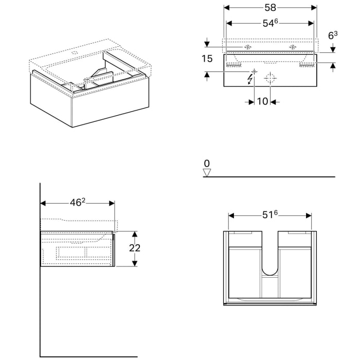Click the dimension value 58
pos(271,8)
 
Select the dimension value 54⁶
pos(271,24)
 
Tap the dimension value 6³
pos(333,35)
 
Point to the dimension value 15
pos(207,59)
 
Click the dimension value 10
pos(262,101)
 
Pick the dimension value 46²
pos(77,203)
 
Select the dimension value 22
pos(135,247)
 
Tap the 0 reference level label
pos(207,164)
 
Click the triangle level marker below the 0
pos(207,172)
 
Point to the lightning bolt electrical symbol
pos(250,79)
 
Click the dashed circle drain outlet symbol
pos(270,79)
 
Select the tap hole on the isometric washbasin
pos(73,52)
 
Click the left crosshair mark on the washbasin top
pos(248,47)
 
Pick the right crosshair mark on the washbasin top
pos(293,47)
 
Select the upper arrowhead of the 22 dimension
pos(135,233)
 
